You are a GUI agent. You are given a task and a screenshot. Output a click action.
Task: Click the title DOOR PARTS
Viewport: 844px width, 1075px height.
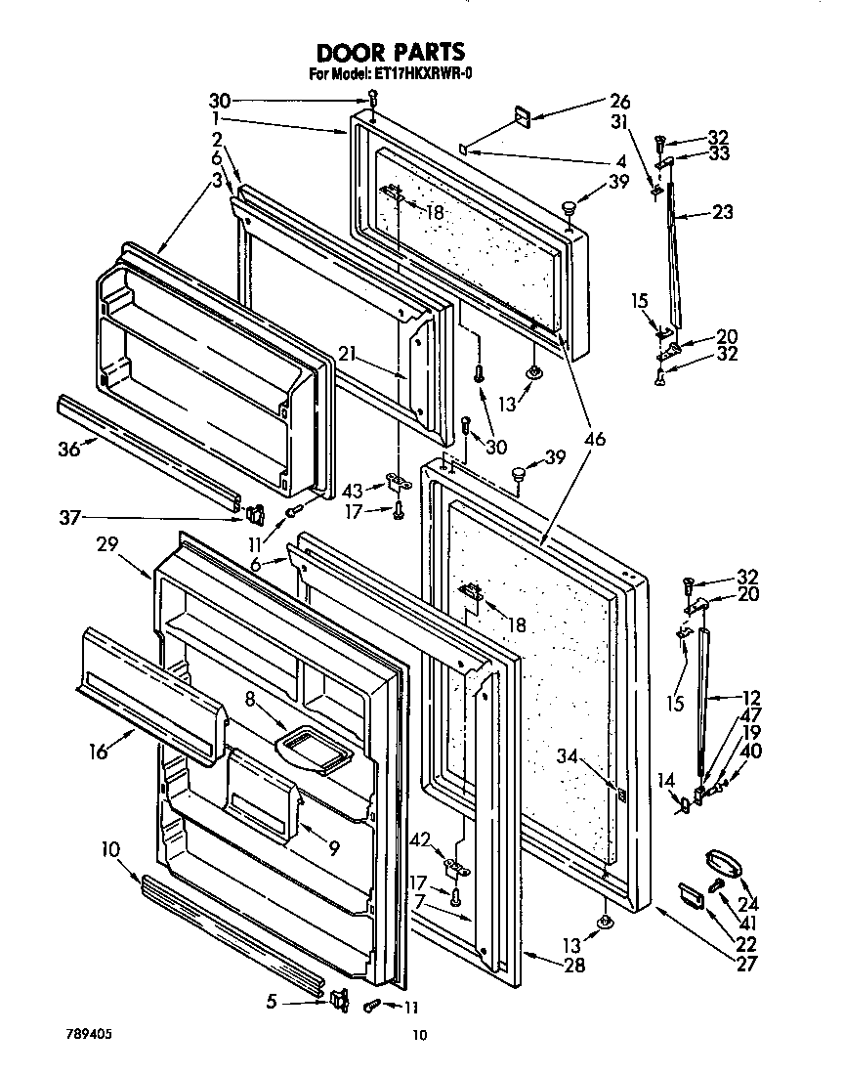tap(390, 52)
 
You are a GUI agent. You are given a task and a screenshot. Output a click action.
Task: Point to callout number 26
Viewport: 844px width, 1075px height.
tap(619, 100)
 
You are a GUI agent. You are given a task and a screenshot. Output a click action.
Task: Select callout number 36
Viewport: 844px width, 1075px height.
tap(67, 449)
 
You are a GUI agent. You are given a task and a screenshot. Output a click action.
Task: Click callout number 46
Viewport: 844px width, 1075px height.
tap(595, 440)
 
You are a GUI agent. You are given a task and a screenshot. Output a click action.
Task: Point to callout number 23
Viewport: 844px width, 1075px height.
tap(724, 211)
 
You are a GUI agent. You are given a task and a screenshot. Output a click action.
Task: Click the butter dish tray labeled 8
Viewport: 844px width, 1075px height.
tap(314, 751)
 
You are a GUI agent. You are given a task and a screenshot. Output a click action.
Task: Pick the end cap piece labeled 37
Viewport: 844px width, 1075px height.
tap(257, 511)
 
